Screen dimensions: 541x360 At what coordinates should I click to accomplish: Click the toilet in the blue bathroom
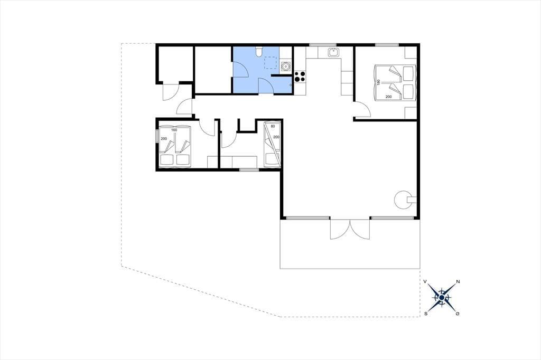[259, 51]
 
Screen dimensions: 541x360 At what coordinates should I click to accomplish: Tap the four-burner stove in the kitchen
[300, 76]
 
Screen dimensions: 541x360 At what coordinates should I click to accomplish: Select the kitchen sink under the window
[334, 52]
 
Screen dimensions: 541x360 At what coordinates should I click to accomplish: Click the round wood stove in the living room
[402, 200]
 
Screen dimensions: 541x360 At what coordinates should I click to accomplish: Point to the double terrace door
[350, 229]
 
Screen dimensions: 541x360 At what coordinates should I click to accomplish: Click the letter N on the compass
[458, 282]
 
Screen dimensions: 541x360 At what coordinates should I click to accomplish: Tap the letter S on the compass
[426, 314]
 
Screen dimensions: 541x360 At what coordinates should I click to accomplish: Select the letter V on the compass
[426, 282]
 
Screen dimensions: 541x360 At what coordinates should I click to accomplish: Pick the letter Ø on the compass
[458, 314]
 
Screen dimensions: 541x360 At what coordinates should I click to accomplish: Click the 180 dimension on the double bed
[378, 83]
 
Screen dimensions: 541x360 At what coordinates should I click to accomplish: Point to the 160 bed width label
[174, 130]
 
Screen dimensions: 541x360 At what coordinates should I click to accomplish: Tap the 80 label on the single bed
[273, 126]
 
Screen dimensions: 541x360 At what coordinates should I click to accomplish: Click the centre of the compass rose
[442, 297]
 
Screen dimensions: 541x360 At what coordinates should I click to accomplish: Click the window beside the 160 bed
[157, 135]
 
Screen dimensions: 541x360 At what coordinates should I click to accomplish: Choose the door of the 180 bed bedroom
[363, 110]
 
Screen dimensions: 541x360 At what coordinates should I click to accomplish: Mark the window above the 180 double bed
[387, 45]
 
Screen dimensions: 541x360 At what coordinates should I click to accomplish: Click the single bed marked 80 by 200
[272, 144]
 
